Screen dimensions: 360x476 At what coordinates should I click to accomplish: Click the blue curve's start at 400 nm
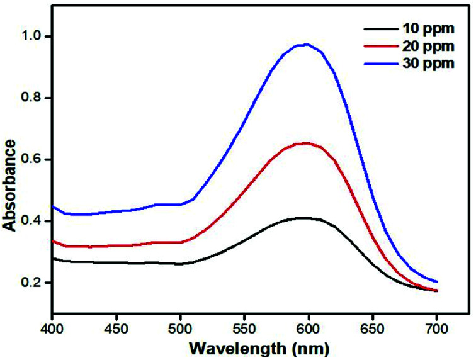point(53,206)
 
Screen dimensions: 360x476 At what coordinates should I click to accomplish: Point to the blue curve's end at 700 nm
point(436,281)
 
